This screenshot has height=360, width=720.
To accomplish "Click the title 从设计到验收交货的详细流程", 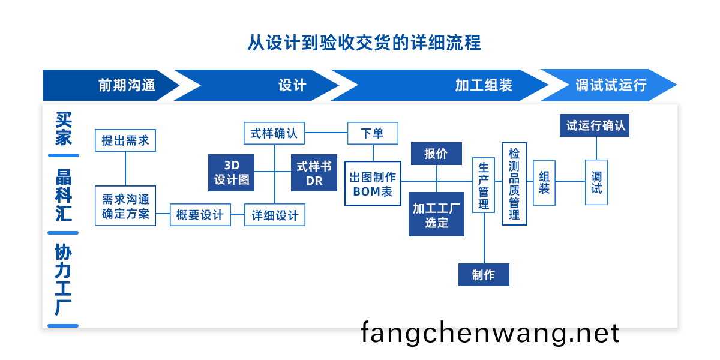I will [364, 43].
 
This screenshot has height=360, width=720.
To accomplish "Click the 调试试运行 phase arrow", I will [611, 85].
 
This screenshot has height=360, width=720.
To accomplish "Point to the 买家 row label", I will [63, 129].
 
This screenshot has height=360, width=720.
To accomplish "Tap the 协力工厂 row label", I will [63, 279].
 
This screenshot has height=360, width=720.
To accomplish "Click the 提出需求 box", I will [125, 140].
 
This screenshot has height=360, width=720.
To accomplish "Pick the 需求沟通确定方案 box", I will [125, 206].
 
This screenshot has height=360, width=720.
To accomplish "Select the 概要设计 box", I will [200, 215].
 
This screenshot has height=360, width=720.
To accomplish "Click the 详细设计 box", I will [275, 215].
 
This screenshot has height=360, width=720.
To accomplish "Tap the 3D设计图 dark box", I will [231, 173].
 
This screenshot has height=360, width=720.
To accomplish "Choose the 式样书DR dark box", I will [314, 173].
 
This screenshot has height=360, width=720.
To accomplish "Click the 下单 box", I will [373, 133].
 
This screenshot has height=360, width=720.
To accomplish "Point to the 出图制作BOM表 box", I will [373, 184].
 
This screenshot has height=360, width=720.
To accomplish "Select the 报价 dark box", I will [436, 154].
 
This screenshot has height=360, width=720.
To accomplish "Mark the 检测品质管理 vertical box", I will [514, 184].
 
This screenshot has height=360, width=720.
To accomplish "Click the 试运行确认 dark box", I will [595, 125].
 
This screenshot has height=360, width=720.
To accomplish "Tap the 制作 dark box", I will [484, 275].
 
